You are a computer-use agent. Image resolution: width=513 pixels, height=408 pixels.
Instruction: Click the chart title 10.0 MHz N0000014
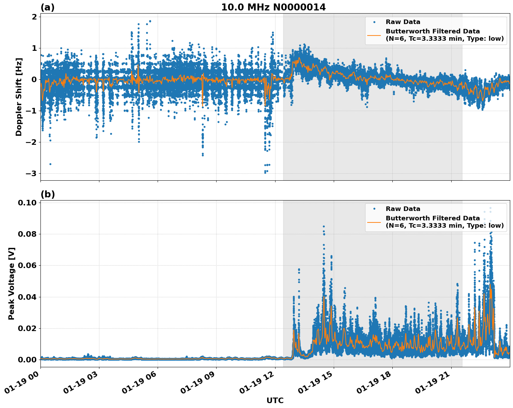tap(273, 7)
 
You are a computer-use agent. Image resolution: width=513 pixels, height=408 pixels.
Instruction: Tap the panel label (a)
tap(47, 7)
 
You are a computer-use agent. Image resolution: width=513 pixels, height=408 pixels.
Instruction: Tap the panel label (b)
tap(47, 194)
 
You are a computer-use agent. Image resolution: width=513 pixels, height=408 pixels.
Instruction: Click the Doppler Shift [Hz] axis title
tap(19, 97)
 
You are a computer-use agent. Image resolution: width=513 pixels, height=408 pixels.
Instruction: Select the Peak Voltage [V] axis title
tap(12, 283)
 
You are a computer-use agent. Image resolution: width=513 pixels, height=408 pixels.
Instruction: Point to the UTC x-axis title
tap(275, 400)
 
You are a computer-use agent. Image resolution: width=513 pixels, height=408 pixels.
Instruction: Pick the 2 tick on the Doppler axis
tap(35, 17)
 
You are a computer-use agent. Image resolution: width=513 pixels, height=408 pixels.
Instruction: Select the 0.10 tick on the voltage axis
tap(28, 203)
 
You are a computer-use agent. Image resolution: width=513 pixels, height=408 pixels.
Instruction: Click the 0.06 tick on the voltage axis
tap(28, 265)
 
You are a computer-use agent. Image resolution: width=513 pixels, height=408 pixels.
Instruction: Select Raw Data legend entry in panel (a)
tap(403, 22)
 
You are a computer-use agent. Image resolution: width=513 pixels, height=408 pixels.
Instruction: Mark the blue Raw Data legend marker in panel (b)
tap(374, 209)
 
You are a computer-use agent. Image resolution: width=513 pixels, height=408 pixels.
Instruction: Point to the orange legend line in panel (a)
tap(374, 35)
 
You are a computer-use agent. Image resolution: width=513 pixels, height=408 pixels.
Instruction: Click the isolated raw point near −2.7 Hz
tap(50, 164)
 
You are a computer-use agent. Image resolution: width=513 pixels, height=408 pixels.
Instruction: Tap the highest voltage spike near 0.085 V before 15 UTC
tap(324, 227)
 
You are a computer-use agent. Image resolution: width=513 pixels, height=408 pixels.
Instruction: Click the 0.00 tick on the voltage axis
tap(28, 360)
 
